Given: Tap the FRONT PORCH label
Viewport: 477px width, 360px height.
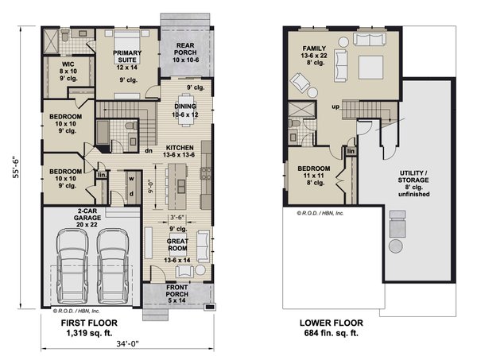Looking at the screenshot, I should click(x=176, y=294).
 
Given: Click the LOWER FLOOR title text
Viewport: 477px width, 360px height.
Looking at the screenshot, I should click(x=331, y=323).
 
